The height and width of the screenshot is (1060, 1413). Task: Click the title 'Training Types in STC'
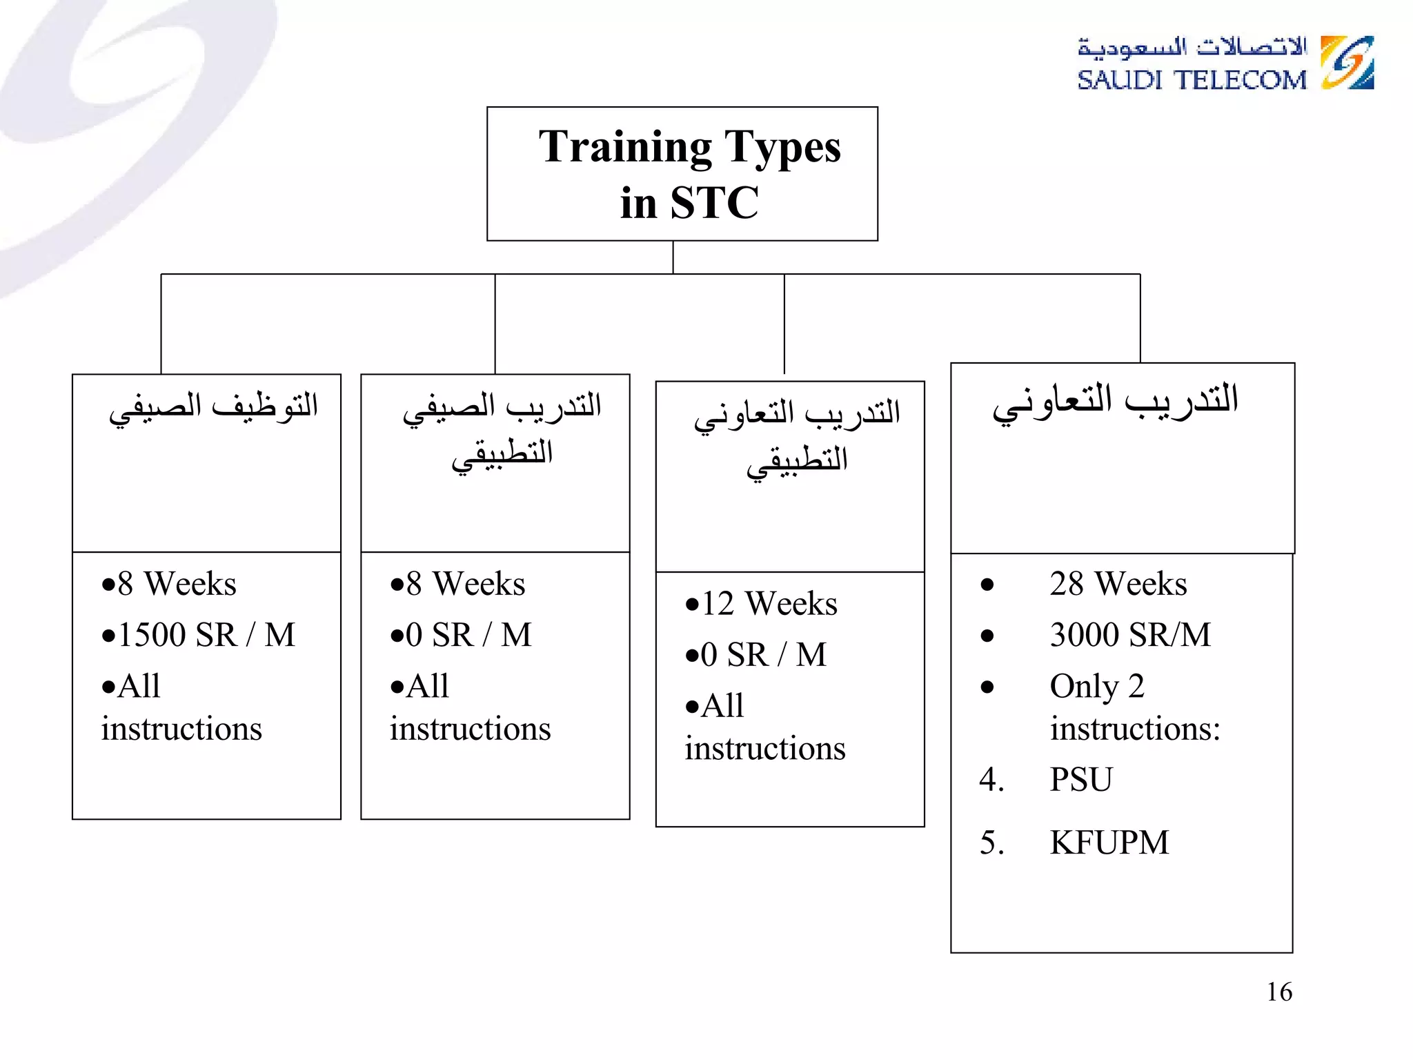coord(689,174)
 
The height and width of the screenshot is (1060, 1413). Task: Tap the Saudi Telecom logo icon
coord(1347,63)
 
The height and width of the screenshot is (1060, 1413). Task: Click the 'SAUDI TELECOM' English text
coord(1192,80)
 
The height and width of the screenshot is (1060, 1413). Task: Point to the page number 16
coord(1279,992)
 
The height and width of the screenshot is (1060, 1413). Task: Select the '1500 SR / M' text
coord(206,635)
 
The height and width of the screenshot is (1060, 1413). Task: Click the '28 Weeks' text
coord(1118,584)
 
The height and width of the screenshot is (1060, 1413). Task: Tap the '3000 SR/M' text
coord(1130,635)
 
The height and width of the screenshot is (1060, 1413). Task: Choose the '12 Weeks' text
coord(769,604)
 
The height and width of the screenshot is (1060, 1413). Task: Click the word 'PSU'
coord(1081,780)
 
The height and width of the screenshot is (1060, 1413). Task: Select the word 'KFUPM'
coord(1109,843)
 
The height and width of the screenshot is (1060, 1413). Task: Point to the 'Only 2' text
coord(1097,687)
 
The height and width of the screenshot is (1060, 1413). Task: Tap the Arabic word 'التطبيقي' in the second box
coord(502,455)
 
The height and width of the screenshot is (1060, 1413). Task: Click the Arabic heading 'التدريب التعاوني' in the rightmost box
coord(1115,402)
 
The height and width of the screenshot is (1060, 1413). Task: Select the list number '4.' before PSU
coord(991,780)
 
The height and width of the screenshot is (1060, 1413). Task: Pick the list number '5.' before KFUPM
coord(991,843)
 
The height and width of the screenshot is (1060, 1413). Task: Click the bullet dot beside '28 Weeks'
coord(987,585)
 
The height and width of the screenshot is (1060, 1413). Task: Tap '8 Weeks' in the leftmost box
coord(177,584)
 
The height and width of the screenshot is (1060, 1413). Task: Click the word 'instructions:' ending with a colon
coord(1135,729)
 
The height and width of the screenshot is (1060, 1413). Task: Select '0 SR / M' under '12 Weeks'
coord(763,655)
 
